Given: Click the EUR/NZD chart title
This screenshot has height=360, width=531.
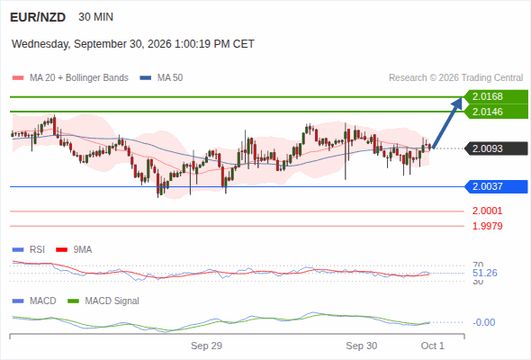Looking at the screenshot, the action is [x=38, y=17].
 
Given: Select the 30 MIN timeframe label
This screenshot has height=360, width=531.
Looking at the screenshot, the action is [x=95, y=17].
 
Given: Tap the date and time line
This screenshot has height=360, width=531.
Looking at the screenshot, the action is [x=133, y=44].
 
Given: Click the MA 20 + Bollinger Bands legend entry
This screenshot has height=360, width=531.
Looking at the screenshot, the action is [x=70, y=78].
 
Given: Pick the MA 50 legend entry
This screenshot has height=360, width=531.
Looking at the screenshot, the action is [x=161, y=78].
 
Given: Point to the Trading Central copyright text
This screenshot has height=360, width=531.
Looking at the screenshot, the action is [x=455, y=78].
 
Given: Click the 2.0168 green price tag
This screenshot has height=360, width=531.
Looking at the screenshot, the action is [x=496, y=96].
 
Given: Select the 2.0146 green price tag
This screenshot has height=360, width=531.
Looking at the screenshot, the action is [x=496, y=112].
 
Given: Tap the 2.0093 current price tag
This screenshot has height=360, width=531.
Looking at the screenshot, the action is [x=496, y=148].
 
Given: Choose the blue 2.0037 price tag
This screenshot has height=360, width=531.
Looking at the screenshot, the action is [x=496, y=186].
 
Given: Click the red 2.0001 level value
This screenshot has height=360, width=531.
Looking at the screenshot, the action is [x=487, y=211].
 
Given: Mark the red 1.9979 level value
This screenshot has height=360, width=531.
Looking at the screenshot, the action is [x=487, y=226].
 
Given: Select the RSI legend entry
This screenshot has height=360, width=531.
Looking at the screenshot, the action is [x=29, y=249].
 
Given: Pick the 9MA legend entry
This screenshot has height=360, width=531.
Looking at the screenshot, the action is [x=74, y=249].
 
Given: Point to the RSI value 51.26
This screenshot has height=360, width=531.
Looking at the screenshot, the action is [x=485, y=273].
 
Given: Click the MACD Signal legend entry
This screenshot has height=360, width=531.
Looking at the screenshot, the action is [x=103, y=301].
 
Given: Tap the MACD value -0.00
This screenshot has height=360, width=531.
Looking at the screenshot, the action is [x=483, y=322].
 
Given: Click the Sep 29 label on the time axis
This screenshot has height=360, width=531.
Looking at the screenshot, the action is [x=207, y=346].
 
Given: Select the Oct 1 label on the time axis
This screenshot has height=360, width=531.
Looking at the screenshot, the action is [x=433, y=346].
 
